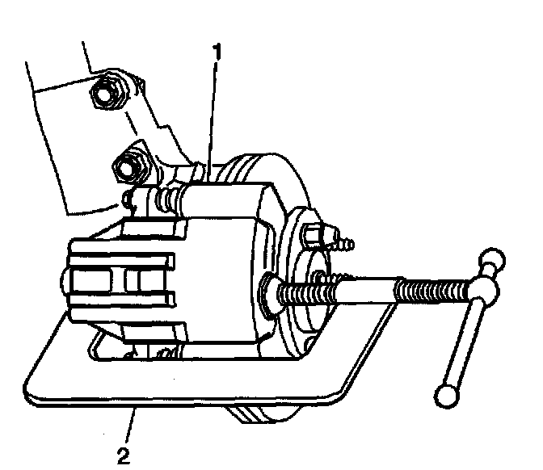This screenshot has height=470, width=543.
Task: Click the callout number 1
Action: point(216,51)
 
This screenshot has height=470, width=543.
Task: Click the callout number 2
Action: point(122,455)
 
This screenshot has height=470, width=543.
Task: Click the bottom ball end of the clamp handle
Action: point(446,395)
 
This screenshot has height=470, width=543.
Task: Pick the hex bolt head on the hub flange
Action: point(312,236)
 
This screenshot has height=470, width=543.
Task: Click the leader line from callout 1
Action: point(212,113)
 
